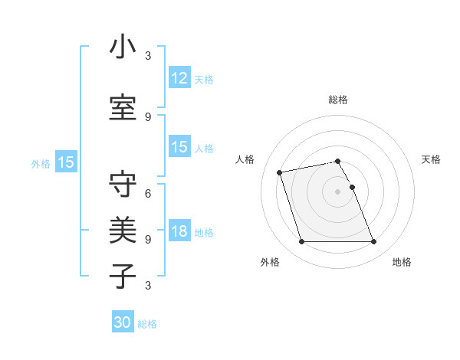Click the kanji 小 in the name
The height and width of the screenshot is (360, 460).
click(123, 47)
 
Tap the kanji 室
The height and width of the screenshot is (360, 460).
click(123, 107)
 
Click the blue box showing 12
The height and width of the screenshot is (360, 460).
click(179, 78)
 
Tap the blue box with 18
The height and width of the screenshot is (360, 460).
click(179, 231)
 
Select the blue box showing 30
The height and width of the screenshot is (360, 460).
click(123, 322)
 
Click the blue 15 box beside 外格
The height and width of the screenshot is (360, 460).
click(65, 162)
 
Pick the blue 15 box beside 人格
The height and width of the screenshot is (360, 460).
click(179, 147)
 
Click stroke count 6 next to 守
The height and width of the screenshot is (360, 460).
click(148, 194)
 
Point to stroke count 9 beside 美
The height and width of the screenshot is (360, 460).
click(148, 239)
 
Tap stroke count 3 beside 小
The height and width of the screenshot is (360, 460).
click(148, 56)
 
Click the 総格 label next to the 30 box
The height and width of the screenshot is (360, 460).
click(147, 324)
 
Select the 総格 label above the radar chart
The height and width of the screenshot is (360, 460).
click(338, 100)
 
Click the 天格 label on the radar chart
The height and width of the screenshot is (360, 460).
click(431, 159)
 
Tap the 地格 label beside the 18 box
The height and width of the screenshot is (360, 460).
click(204, 233)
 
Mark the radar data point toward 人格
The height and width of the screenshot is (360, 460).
click(280, 172)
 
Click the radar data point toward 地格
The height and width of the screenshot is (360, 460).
click(373, 242)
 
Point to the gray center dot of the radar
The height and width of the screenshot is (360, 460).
click(338, 191)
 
